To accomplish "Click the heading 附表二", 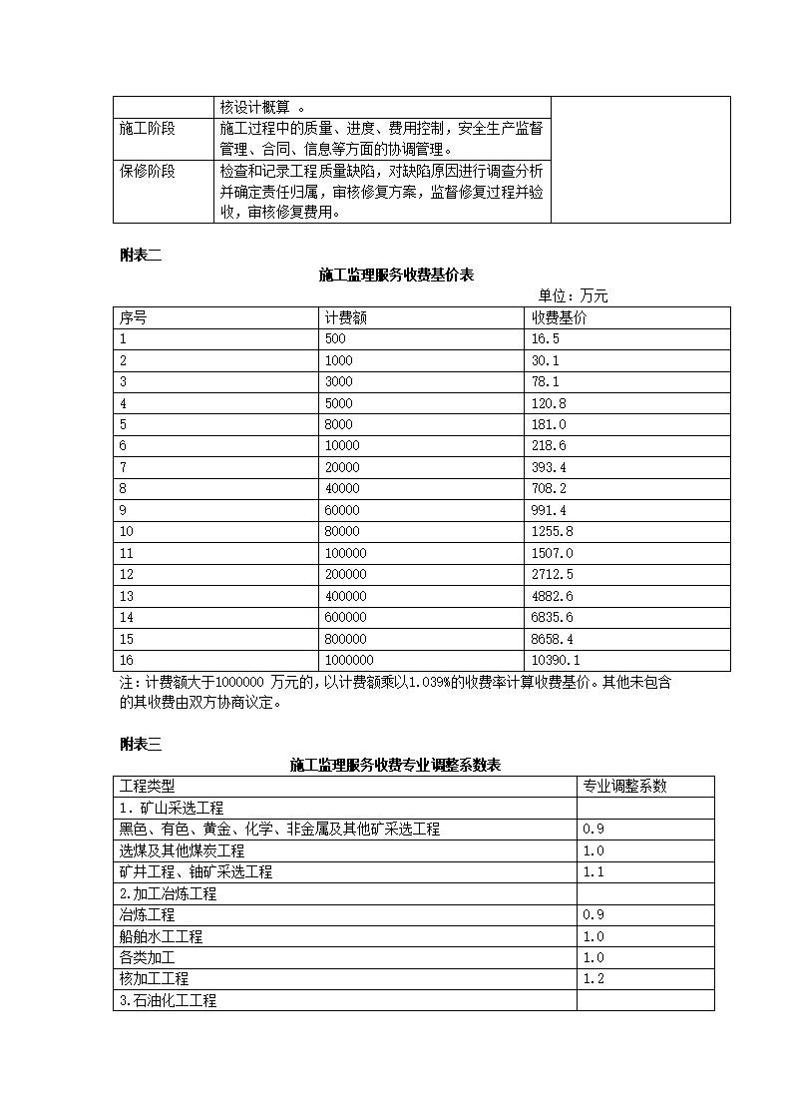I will coord(140,255).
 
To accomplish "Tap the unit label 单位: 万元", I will coord(573,295).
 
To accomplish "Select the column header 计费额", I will coord(345,317).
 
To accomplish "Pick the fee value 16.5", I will coord(546,339).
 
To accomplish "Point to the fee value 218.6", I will coord(549,446).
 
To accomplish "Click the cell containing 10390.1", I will coord(556,660).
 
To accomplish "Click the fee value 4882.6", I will coord(552,596).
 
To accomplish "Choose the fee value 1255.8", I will coord(552,532).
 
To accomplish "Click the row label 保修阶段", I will coord(147,171).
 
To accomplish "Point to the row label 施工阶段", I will coord(147,129).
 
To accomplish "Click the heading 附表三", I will coord(140,744).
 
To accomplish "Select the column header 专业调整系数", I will coord(624,786).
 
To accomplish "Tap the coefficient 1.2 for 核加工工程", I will coord(593,978).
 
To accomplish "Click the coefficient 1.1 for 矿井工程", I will coord(593,871).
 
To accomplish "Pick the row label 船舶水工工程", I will coord(161,936).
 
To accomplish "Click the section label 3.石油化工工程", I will coord(168,1000).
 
